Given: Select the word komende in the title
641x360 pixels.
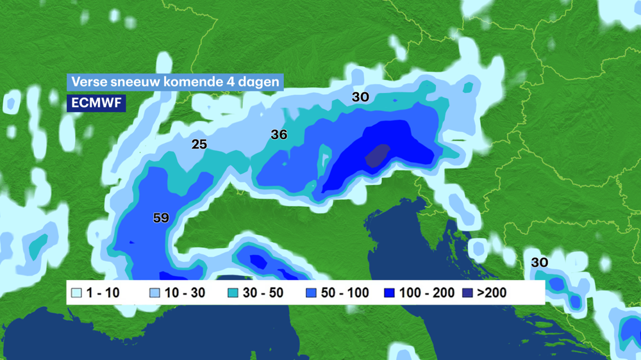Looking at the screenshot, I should click(x=185, y=82).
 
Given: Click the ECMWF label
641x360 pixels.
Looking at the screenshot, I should click(x=96, y=103).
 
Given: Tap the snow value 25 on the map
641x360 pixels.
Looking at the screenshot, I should click(x=199, y=144).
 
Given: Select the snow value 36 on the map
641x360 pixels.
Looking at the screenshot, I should click(x=279, y=135).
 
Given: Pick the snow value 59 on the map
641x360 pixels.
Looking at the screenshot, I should click(x=161, y=218).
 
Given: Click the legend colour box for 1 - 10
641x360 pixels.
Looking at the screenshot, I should click(x=77, y=293).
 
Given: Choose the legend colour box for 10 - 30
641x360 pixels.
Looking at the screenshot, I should click(x=154, y=293).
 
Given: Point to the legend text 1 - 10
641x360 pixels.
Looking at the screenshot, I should click(x=103, y=293).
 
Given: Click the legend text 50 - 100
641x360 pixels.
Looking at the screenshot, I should click(x=345, y=293).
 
